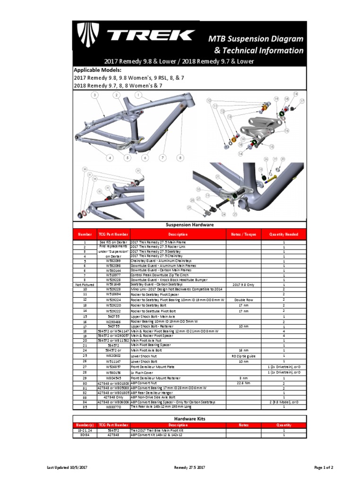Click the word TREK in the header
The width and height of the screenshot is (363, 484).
click(x=151, y=35)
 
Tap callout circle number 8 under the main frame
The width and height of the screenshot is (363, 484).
click(x=180, y=157)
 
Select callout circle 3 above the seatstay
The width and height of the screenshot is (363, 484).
click(x=95, y=95)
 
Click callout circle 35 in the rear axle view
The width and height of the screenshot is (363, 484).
click(x=138, y=171)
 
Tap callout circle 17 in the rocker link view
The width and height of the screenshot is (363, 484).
click(x=302, y=101)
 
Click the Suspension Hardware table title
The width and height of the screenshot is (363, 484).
click(x=190, y=225)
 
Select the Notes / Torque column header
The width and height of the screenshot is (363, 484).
click(x=242, y=234)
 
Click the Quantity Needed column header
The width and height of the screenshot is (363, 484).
click(x=284, y=234)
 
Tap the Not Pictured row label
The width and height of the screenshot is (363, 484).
click(x=85, y=285)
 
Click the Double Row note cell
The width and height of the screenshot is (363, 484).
click(x=242, y=300)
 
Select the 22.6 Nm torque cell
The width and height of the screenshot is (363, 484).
click(x=242, y=383)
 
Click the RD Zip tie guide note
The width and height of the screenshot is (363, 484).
click(x=243, y=355)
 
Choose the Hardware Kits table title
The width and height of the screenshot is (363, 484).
click(x=190, y=419)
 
